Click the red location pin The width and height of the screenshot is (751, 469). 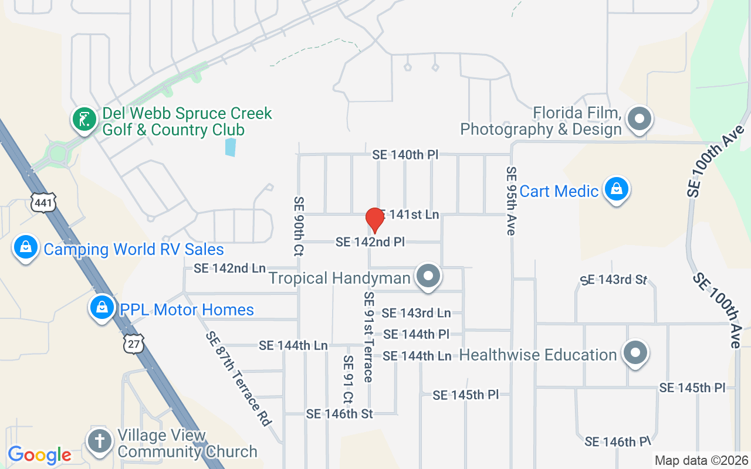click(x=374, y=220)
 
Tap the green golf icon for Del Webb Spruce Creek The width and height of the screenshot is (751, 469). click(x=84, y=120)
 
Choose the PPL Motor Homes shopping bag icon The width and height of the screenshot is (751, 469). click(x=102, y=307)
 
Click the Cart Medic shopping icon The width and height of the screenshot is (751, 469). click(x=617, y=189)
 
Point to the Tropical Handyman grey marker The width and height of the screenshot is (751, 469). click(x=428, y=276)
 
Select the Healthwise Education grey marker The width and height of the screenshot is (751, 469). click(x=635, y=353)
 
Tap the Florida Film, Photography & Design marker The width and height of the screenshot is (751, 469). click(x=640, y=119)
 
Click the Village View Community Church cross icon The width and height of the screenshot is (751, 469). click(x=100, y=441)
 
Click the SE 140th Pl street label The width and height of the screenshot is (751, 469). click(x=405, y=155)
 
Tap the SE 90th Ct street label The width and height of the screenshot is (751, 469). click(x=299, y=226)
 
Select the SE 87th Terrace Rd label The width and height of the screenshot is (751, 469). click(x=238, y=378)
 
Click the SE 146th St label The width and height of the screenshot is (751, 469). click(x=339, y=414)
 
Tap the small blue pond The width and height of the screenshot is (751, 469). click(x=231, y=147)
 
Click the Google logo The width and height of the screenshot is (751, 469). click(x=39, y=455)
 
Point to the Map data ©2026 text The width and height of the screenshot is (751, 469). click(x=702, y=461)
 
